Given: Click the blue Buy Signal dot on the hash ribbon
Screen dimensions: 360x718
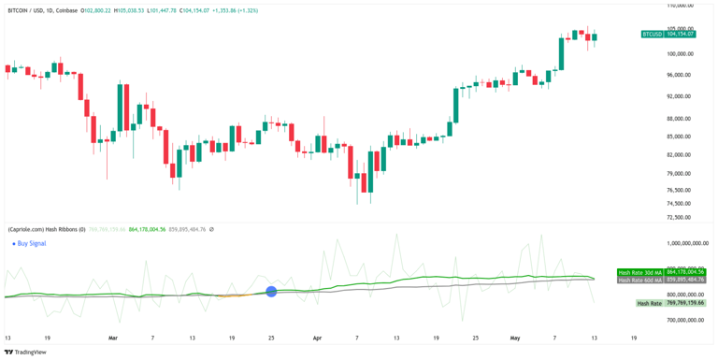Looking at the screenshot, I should pyautogui.click(x=271, y=292).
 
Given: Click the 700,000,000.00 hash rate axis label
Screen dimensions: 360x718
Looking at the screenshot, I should pyautogui.click(x=680, y=320).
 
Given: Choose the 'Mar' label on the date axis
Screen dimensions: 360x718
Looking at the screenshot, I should pyautogui.click(x=113, y=338).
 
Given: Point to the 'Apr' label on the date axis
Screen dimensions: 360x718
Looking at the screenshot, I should pyautogui.click(x=316, y=338).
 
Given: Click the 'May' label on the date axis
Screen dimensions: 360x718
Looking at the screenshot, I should pyautogui.click(x=515, y=338).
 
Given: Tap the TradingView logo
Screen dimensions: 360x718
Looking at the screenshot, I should pyautogui.click(x=28, y=353).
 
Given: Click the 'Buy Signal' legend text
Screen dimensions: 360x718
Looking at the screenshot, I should pyautogui.click(x=33, y=243).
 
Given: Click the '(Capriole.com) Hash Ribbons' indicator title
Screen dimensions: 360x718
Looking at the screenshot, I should pyautogui.click(x=46, y=229).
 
